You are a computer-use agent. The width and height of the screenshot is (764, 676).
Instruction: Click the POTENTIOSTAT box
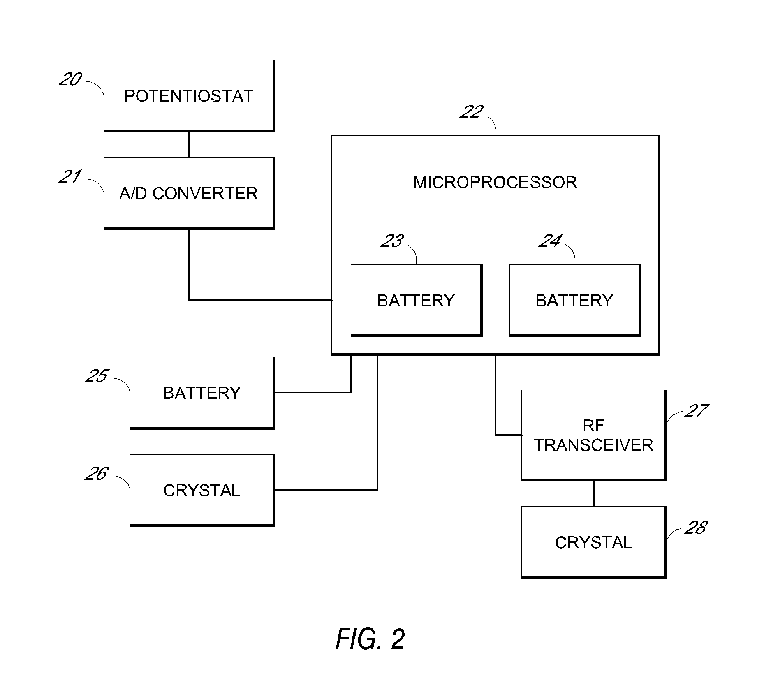point(189,95)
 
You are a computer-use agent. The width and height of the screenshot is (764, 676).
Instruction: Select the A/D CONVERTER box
point(189,193)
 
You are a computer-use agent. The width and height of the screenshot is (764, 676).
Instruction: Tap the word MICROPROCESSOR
point(495,182)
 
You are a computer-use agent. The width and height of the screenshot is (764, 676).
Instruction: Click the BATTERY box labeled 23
point(416,300)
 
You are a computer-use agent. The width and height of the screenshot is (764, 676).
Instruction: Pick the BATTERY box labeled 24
point(574,300)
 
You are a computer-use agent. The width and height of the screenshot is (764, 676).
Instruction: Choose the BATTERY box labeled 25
point(202,393)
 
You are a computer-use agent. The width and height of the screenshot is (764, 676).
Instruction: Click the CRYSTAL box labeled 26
point(202,490)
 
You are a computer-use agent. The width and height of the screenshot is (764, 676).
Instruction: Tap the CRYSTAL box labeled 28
point(593,542)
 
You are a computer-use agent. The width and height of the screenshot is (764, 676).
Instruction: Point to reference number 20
point(70,79)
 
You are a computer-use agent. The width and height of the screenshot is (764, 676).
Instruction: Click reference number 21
point(70,177)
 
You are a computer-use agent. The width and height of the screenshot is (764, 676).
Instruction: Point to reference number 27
point(696,411)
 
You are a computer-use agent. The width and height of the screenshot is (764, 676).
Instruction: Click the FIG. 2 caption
point(370,639)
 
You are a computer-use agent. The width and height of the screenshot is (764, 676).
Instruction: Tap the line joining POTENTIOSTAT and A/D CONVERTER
point(189,144)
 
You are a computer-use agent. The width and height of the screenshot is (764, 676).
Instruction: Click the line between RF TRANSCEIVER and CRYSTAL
point(593,493)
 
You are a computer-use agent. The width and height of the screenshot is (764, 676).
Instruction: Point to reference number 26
point(97,474)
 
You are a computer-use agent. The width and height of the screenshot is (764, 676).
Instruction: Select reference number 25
point(97,376)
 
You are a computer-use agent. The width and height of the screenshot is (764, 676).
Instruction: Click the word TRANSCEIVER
point(593,445)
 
